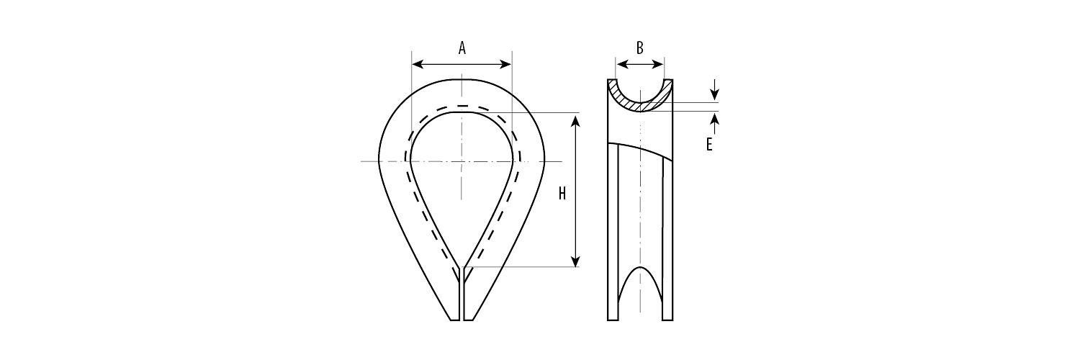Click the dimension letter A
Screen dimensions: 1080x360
[x=462, y=48]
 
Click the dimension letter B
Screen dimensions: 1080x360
[x=640, y=48]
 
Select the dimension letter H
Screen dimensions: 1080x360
[x=562, y=194]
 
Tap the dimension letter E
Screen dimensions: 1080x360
[x=709, y=145]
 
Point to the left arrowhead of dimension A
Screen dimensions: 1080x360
[x=418, y=65]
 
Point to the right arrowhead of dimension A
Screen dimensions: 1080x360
[x=505, y=65]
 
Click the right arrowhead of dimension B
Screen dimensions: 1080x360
[x=659, y=65]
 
